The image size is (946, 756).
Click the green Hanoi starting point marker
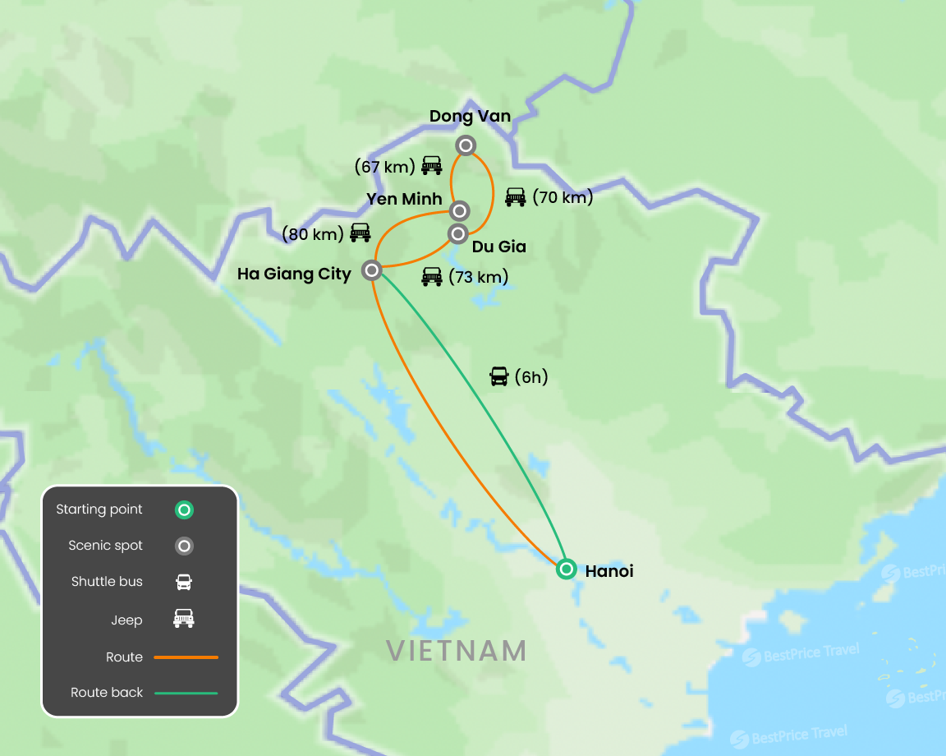click(566, 569)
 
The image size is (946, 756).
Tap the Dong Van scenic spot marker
click(466, 145)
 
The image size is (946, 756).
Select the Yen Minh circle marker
click(459, 210)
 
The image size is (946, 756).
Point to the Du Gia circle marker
click(457, 233)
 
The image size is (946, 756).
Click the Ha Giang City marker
click(371, 270)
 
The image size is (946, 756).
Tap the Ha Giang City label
click(294, 274)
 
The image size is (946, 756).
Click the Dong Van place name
click(470, 117)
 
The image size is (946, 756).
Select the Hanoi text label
click(609, 570)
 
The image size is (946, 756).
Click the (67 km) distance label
click(384, 167)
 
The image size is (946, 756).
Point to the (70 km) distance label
click(563, 197)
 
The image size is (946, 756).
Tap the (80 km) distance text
click(312, 234)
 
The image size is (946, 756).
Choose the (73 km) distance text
click(478, 277)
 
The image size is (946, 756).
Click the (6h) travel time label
click(530, 377)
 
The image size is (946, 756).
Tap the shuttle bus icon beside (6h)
click(498, 376)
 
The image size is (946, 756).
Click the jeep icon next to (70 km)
click(515, 197)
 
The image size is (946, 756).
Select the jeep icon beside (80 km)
click(360, 233)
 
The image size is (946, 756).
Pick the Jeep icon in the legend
click(184, 619)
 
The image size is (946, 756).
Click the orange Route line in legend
click(186, 657)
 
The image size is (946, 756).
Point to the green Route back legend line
click(186, 693)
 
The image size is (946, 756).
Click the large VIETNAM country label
click(456, 651)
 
